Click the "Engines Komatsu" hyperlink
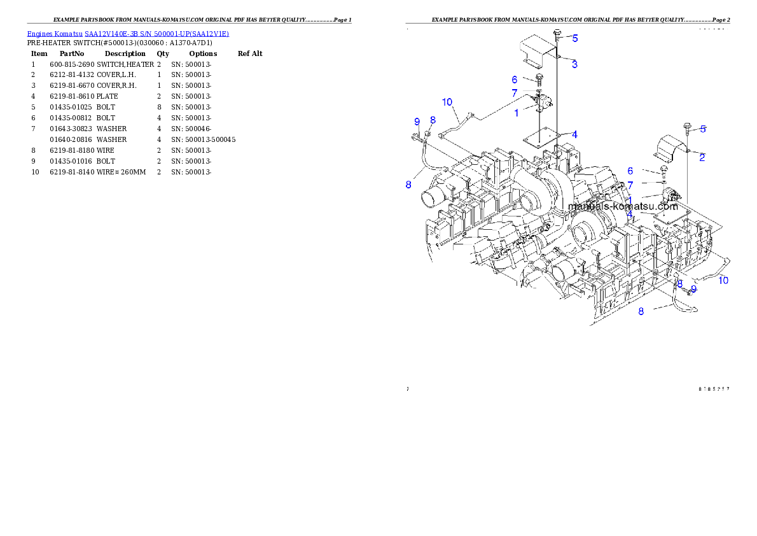tap(55, 34)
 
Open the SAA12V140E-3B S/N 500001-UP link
tap(156, 34)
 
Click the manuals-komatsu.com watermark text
tap(623, 206)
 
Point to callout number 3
tap(574, 64)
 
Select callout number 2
tap(702, 157)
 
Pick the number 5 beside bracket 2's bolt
tap(703, 129)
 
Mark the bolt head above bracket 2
tap(686, 125)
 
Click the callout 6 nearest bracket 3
tap(515, 80)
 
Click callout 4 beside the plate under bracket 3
tap(574, 134)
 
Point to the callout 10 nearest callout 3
tap(447, 102)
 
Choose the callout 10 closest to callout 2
tap(723, 280)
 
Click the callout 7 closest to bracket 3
tap(515, 94)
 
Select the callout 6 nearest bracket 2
tap(630, 171)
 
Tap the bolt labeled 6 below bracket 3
tap(539, 79)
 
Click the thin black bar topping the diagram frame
tap(567, 23)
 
